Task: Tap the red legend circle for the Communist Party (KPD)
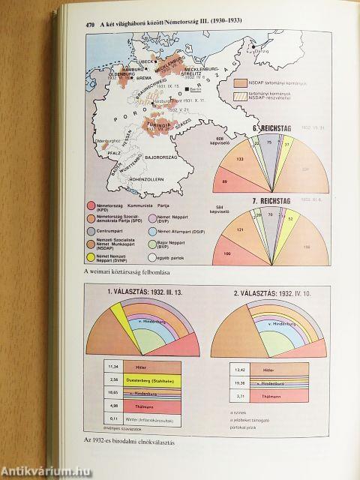[91, 205]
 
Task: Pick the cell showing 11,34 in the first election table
[113, 367]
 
